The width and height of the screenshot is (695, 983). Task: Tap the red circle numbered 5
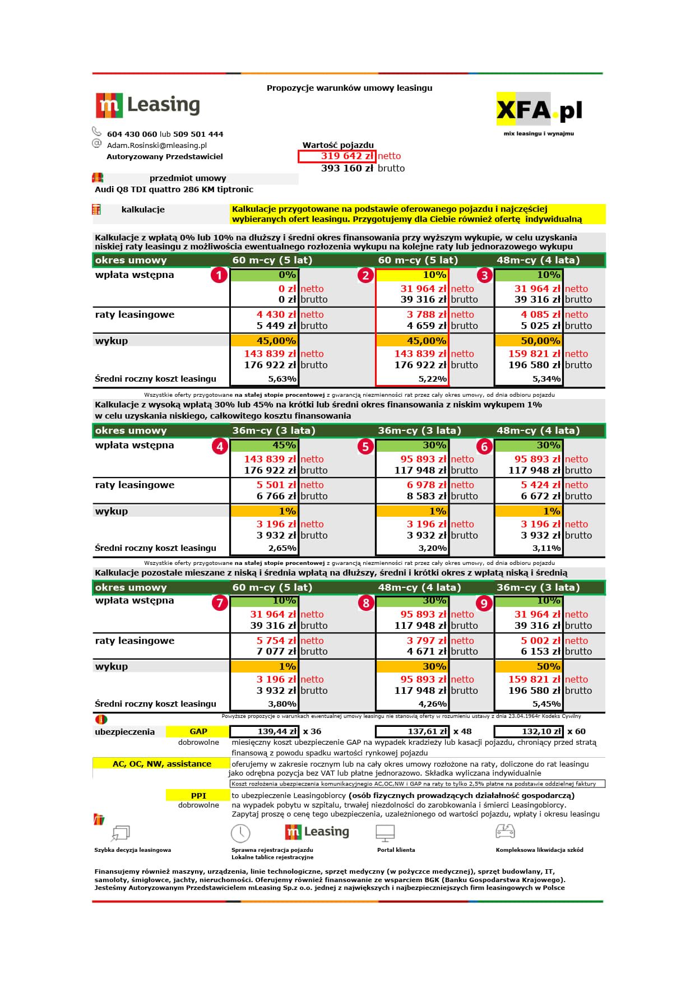[x=365, y=447]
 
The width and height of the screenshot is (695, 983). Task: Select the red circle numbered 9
[x=484, y=603]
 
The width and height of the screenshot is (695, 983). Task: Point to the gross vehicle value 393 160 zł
[x=347, y=168]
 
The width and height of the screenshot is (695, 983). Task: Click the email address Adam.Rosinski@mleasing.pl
[x=157, y=145]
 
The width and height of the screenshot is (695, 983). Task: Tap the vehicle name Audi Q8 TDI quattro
[x=174, y=189]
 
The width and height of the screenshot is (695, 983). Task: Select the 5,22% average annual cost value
[x=433, y=379]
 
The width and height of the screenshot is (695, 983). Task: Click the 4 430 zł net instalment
[x=276, y=315]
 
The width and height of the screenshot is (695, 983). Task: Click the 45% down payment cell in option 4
[x=264, y=446]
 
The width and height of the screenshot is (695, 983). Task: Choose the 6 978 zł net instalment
[x=426, y=485]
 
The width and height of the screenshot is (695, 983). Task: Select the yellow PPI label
[x=198, y=795]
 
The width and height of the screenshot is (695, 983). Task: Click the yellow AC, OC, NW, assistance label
[x=161, y=764]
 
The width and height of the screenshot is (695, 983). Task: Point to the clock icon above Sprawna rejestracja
[x=240, y=833]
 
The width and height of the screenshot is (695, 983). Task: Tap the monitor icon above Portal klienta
[x=386, y=833]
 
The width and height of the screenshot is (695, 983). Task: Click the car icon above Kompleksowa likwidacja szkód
[x=505, y=831]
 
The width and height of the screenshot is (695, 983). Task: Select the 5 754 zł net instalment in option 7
[x=276, y=641]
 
